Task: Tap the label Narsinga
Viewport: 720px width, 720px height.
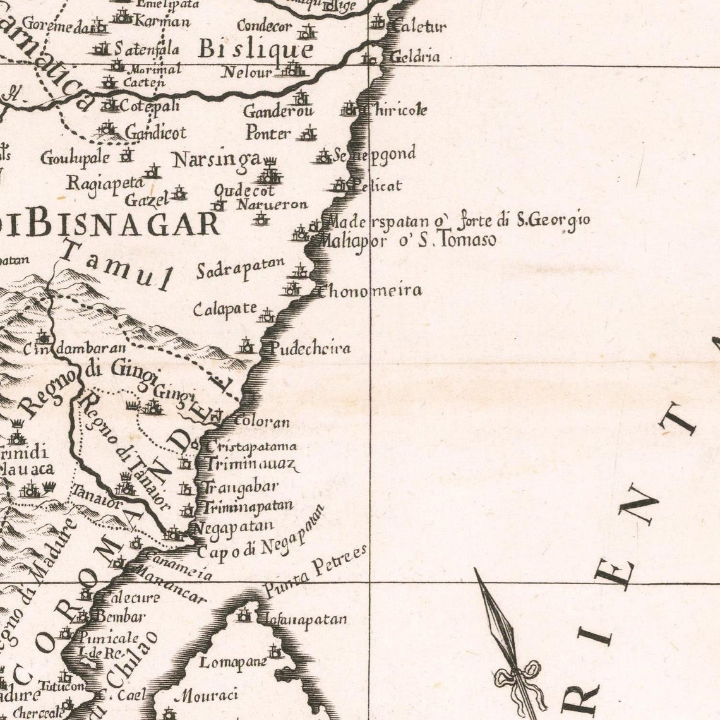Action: point(217,160)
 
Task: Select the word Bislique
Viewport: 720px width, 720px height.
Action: point(255,49)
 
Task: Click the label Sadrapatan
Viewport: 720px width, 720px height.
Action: point(240,268)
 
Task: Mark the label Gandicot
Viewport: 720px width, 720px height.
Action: point(155,133)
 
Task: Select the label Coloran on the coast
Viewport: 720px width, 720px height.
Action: point(261,422)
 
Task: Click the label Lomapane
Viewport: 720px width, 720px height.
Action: point(233,663)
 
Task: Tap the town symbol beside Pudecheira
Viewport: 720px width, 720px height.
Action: point(246,346)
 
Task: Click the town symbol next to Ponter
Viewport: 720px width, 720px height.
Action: point(308,133)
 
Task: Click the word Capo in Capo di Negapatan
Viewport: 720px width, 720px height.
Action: point(212,552)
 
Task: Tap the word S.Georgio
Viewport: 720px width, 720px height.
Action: point(553,220)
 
